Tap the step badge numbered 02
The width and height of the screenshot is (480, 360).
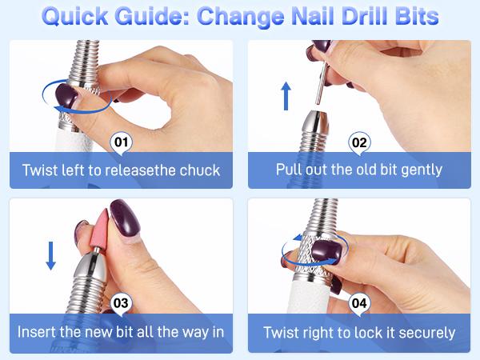tap(359, 145)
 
